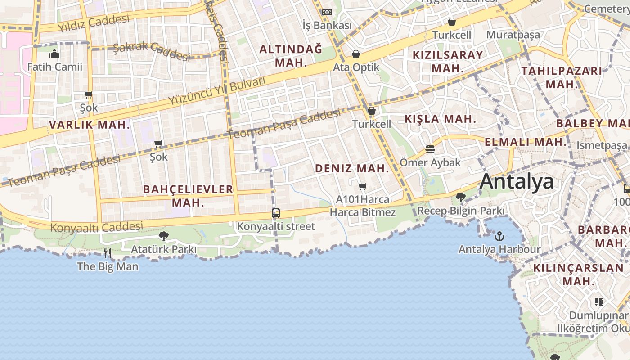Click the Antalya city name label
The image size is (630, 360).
[517, 182]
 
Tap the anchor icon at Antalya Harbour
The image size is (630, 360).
[499, 236]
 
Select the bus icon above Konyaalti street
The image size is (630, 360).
[276, 213]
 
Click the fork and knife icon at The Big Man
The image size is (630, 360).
[108, 253]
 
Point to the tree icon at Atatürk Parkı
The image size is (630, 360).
[164, 236]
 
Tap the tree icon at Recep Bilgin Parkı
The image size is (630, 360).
[460, 198]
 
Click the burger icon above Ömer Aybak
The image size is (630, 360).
[430, 149]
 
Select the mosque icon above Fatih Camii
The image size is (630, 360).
[55, 54]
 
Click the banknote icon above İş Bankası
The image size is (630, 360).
[327, 12]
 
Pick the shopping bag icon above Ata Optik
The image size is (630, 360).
[356, 54]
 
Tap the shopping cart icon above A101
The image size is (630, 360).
[363, 186]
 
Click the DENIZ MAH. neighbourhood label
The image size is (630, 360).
[352, 169]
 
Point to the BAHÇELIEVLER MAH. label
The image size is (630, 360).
[188, 196]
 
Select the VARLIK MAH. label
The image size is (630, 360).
[89, 125]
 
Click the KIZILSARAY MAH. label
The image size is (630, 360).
[448, 62]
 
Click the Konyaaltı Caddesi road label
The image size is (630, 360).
[96, 227]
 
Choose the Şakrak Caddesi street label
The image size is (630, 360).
[152, 51]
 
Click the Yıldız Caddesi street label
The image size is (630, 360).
[93, 23]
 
